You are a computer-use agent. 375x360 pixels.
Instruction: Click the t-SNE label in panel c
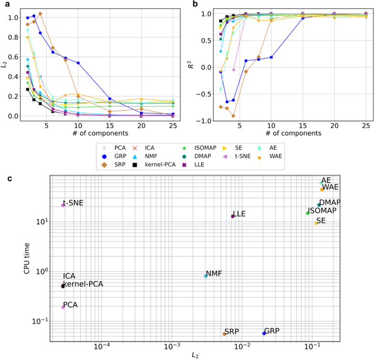tap(73, 204)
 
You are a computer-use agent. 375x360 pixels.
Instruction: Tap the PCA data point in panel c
tap(63, 307)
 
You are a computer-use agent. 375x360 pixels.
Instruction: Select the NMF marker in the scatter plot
tap(206, 276)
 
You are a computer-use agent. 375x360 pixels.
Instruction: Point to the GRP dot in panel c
tap(264, 333)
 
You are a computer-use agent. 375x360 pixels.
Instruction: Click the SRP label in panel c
tap(231, 331)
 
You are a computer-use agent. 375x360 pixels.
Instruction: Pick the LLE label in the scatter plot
tap(239, 214)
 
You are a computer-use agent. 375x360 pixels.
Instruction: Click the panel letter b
tap(195, 4)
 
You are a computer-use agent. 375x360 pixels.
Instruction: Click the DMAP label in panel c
tap(330, 203)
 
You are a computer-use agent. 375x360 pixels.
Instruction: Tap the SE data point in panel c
tap(316, 222)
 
